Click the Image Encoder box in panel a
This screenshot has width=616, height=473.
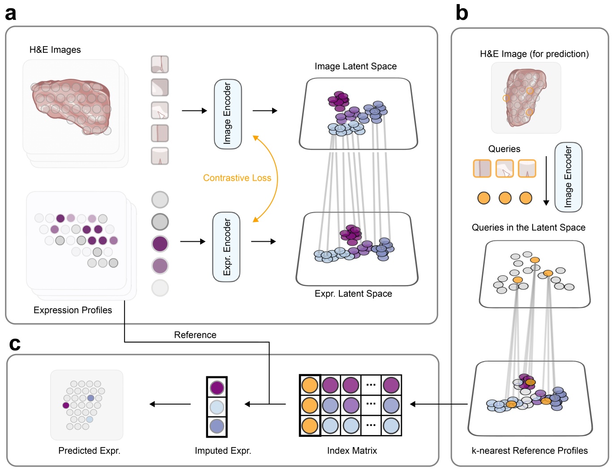pos(228,114)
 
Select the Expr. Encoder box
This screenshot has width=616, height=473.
pos(227,247)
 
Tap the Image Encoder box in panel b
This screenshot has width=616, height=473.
pos(568,177)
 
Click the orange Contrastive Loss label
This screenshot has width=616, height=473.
pos(237,178)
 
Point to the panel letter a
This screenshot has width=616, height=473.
pos(11,13)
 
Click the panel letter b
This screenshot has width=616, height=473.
pos(462,13)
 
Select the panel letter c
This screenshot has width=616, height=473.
pos(15,344)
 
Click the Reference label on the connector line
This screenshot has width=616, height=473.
pos(195,335)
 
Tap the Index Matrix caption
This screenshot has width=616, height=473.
pos(352,451)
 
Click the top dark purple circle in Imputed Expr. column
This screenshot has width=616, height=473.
pos(217,388)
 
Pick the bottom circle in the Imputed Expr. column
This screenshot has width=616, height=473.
pos(217,426)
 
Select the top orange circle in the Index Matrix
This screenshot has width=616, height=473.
pos(310,385)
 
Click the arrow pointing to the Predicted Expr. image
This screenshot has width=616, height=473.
pos(170,404)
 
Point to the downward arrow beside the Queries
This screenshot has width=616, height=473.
pos(546,181)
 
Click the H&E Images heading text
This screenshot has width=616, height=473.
pos(55,50)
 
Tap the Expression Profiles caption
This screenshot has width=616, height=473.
pos(73,310)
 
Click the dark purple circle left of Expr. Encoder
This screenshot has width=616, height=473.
pos(160,244)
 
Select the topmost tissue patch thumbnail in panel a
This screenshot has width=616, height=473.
pos(160,64)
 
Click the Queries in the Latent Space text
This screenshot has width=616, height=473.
pos(528,227)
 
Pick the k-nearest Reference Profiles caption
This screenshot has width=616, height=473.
pos(530,451)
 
